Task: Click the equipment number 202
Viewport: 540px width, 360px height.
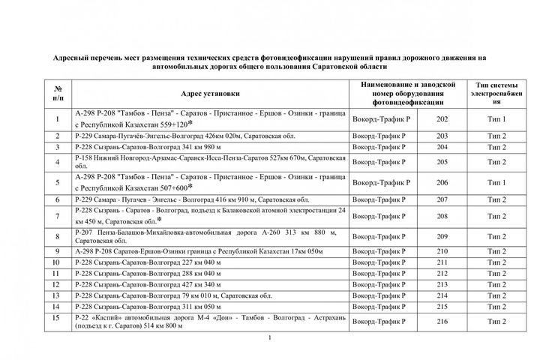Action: pos(442,119)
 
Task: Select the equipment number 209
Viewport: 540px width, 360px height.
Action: pos(442,236)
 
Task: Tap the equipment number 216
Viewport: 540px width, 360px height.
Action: pos(442,322)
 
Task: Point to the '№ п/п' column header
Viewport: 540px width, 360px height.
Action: pos(58,94)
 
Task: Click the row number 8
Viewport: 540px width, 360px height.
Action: pos(58,236)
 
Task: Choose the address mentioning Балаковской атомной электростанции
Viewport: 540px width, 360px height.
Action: pos(211,216)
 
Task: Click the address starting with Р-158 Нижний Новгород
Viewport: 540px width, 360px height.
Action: pos(211,162)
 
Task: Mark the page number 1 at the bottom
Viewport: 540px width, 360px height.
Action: pos(268,338)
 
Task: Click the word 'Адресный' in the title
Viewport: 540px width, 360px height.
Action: pos(73,57)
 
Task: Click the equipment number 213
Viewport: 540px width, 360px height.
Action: pos(442,285)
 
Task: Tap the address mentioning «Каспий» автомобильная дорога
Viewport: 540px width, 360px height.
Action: pos(211,322)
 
